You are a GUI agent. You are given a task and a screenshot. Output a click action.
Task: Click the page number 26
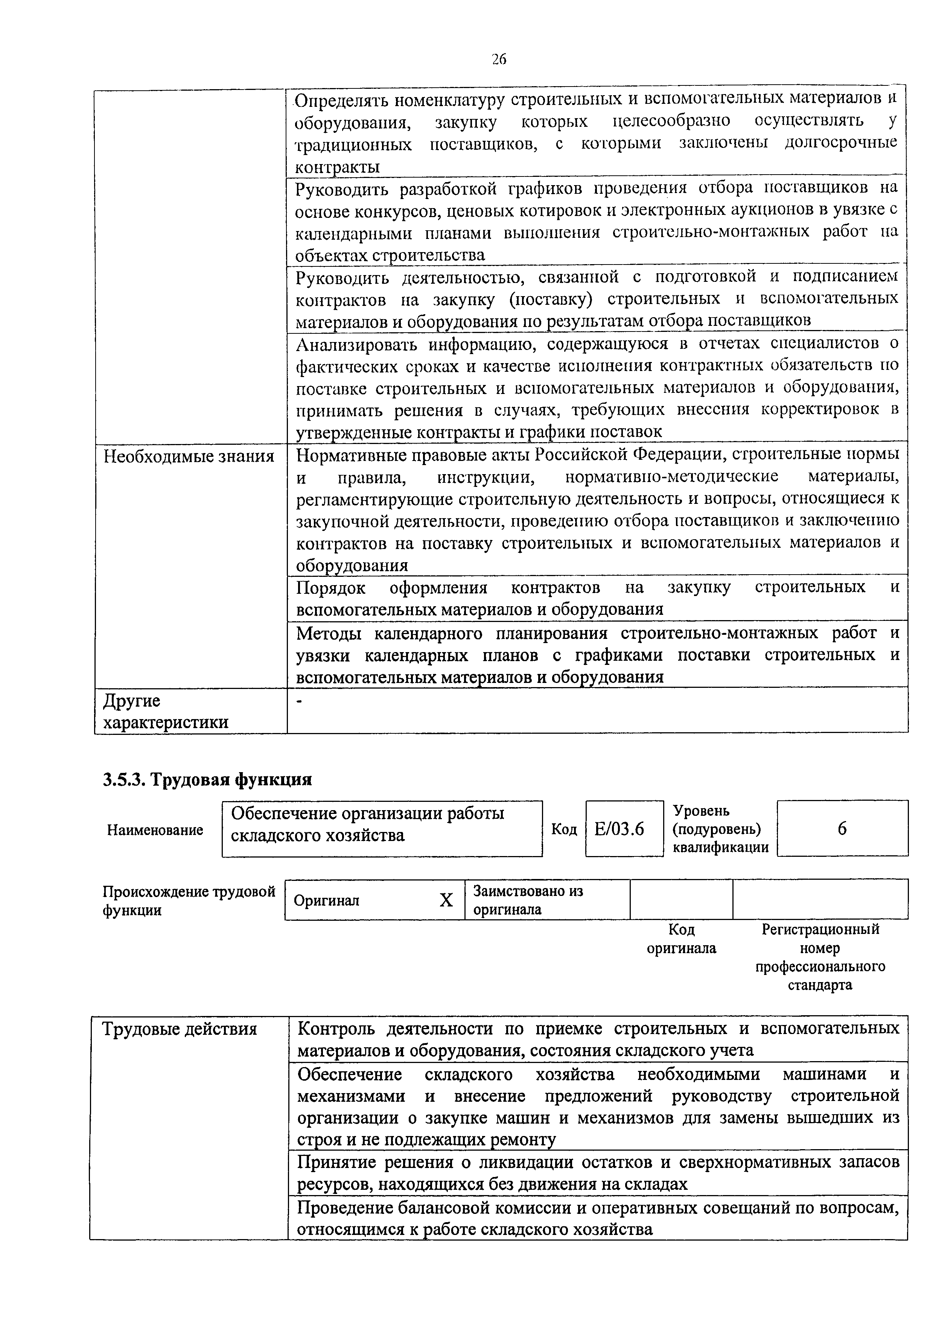point(499,59)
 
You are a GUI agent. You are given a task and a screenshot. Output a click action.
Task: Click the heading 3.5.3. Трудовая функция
point(207,780)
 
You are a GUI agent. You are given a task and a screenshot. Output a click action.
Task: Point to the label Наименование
point(155,830)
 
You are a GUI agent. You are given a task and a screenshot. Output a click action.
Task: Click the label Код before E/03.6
point(564,829)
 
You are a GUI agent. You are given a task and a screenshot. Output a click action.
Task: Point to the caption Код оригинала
point(682,938)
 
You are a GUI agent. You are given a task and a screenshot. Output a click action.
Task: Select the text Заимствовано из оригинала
point(527,900)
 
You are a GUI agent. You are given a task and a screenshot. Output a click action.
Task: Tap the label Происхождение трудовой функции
point(189,900)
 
